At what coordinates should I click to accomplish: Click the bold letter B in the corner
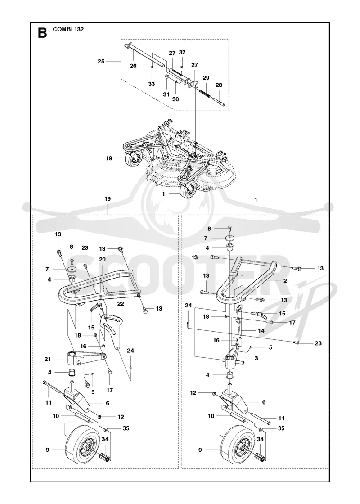pyautogui.click(x=42, y=33)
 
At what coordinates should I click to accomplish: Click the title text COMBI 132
pyautogui.click(x=68, y=29)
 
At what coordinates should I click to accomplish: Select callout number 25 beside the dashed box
pyautogui.click(x=101, y=61)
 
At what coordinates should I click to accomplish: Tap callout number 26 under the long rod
pyautogui.click(x=133, y=66)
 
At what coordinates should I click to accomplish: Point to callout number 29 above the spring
pyautogui.click(x=206, y=78)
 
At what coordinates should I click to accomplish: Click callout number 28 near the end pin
pyautogui.click(x=219, y=85)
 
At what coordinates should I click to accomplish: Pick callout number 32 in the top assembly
pyautogui.click(x=182, y=52)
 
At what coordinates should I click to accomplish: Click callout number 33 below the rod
pyautogui.click(x=151, y=84)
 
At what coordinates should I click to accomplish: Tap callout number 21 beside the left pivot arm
pyautogui.click(x=48, y=359)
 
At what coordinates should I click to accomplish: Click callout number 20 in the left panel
pyautogui.click(x=102, y=259)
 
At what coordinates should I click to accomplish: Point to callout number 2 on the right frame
pyautogui.click(x=285, y=281)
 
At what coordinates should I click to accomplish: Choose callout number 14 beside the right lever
pyautogui.click(x=261, y=330)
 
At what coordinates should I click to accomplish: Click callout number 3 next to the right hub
pyautogui.click(x=256, y=358)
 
